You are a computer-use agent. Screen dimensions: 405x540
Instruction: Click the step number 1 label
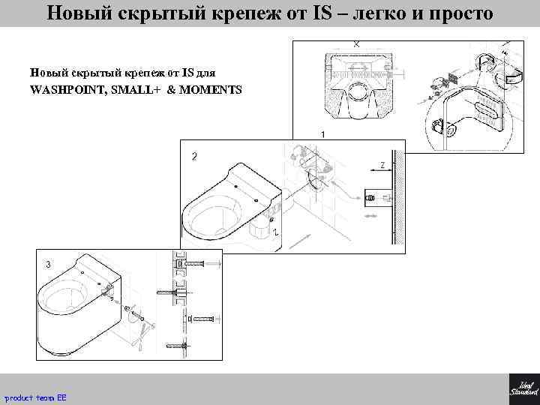[322, 133]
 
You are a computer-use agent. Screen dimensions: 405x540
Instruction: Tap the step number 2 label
[195, 157]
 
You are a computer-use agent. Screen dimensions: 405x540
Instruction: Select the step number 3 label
[48, 265]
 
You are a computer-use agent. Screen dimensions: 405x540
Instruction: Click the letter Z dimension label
[382, 165]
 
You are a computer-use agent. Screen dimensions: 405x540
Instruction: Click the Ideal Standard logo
[523, 388]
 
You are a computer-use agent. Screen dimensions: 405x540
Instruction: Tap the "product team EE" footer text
[36, 396]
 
